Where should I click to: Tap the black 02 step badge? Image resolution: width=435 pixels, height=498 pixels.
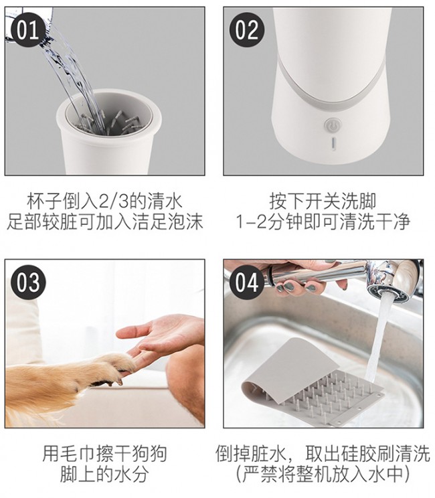coord(247,30)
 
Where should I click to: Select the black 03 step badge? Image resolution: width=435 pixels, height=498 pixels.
coord(28,282)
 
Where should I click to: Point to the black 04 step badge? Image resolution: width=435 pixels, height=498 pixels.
coord(248,282)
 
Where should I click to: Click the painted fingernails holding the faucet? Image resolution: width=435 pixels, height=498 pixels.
coord(295,287)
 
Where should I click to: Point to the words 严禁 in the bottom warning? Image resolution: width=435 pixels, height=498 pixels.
coord(261,474)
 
